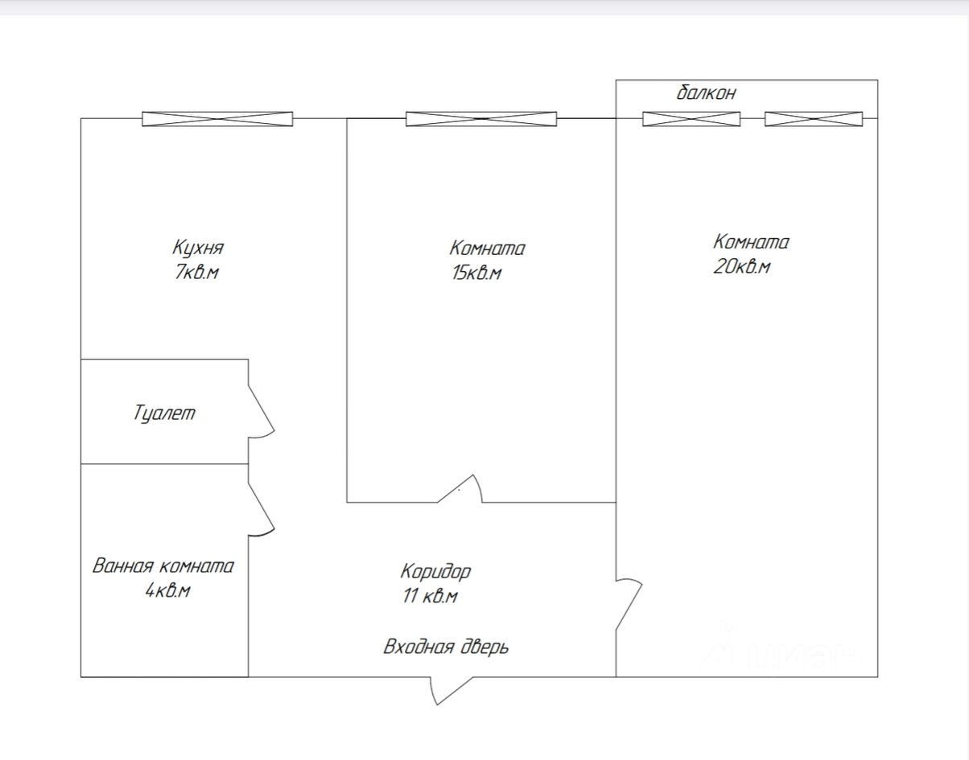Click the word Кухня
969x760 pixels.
[197, 248]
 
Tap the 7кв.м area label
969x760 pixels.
[196, 273]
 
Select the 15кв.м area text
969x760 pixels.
[476, 273]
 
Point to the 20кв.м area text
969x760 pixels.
[741, 267]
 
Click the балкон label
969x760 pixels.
[706, 92]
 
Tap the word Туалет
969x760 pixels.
[164, 414]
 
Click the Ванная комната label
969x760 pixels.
[163, 565]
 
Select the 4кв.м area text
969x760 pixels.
[167, 591]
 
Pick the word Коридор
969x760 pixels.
[435, 572]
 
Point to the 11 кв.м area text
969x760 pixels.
[430, 596]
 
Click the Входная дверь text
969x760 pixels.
[446, 647]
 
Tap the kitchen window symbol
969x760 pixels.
[217, 119]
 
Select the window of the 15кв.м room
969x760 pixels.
[480, 119]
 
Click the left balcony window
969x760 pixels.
[691, 119]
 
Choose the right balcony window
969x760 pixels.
[813, 119]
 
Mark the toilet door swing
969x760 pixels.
[261, 411]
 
